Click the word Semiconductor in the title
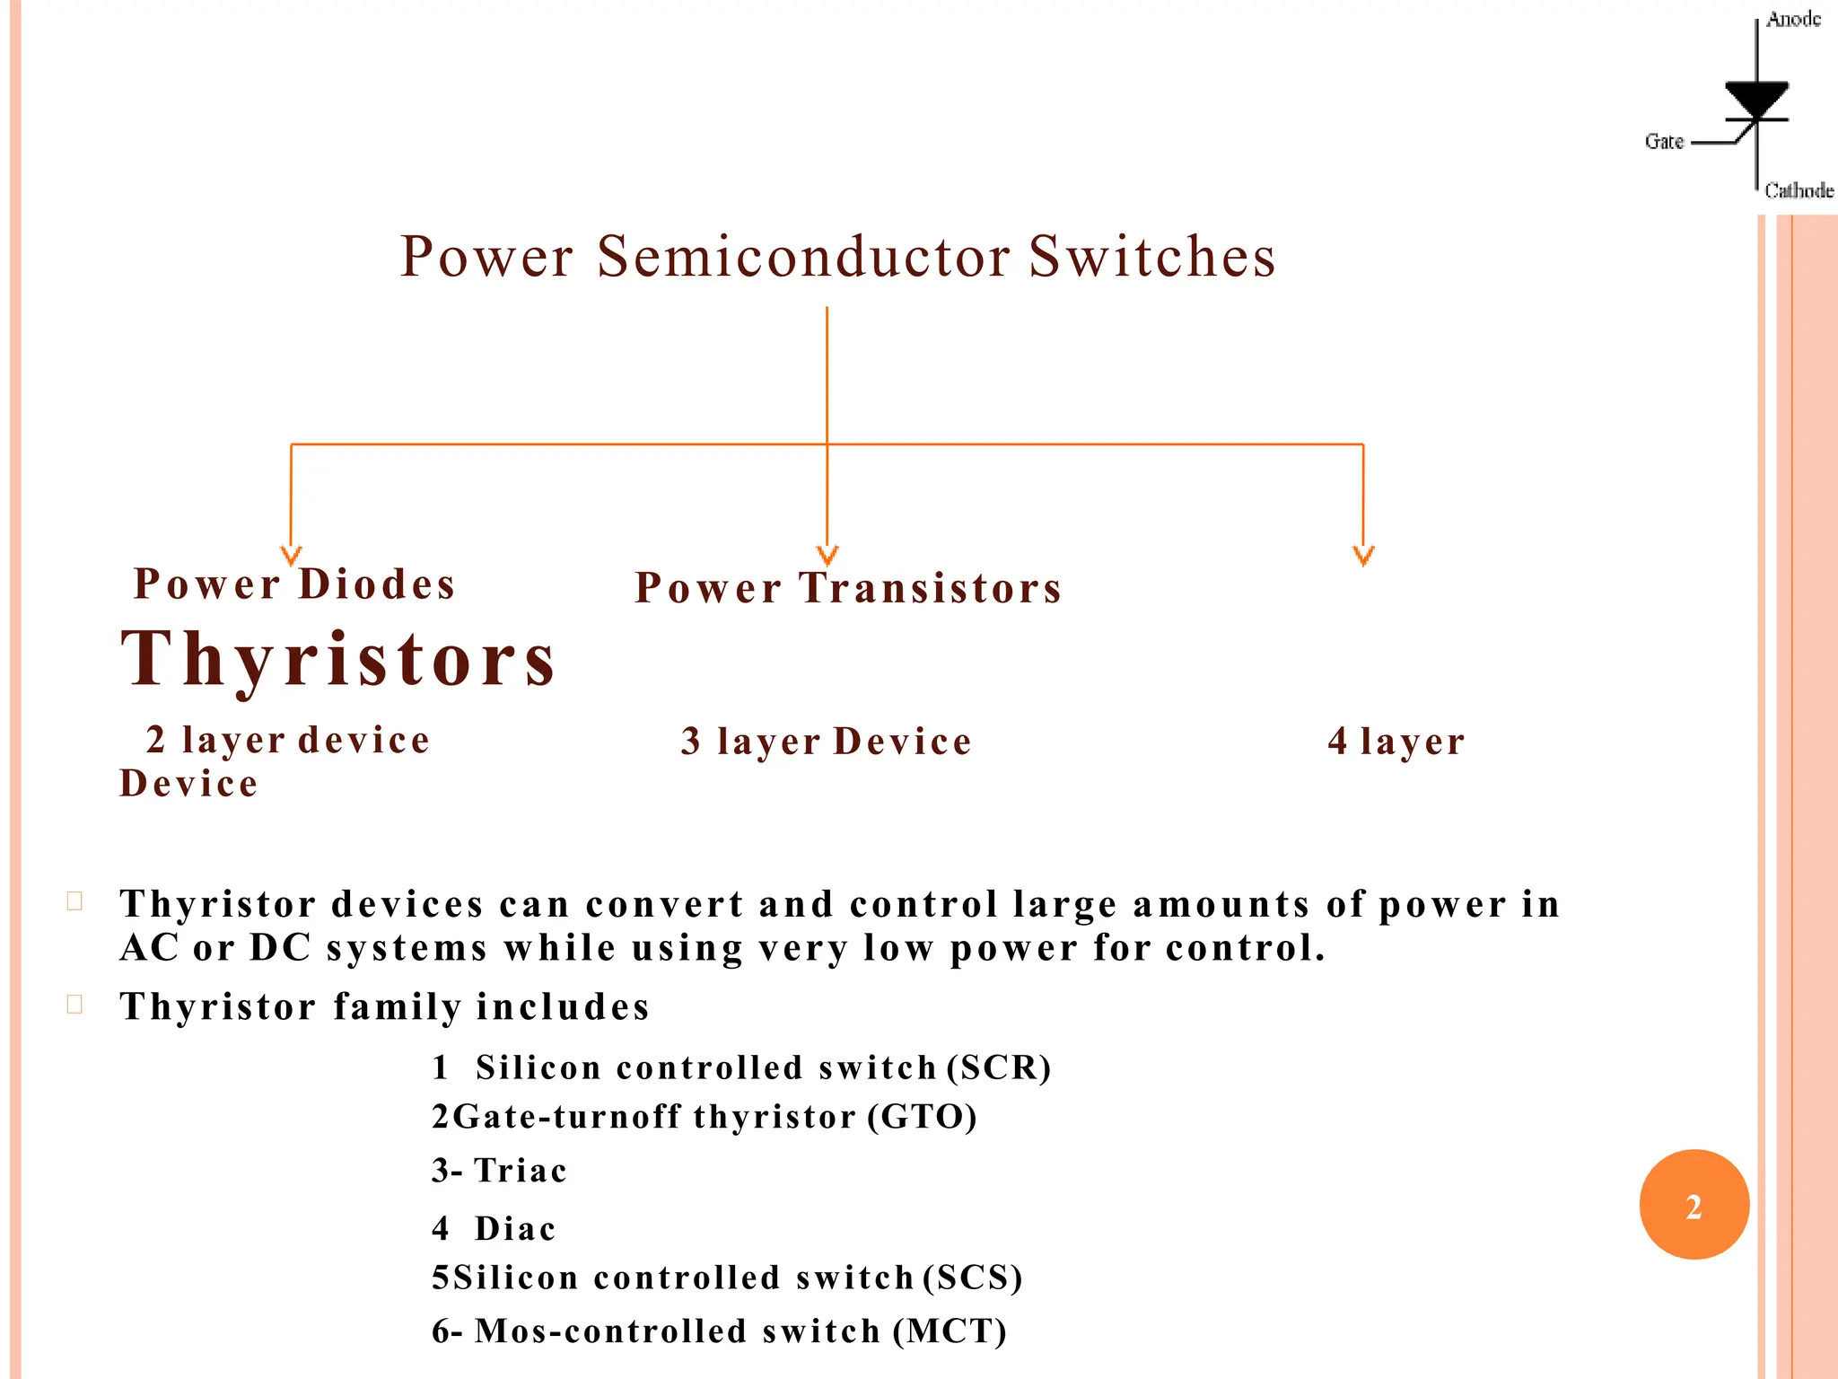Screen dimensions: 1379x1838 tap(804, 257)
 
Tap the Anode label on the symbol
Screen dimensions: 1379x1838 tap(1793, 20)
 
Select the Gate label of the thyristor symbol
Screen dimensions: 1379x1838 tap(1664, 142)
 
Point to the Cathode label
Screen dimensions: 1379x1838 tap(1799, 190)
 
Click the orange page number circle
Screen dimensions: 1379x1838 tap(1694, 1205)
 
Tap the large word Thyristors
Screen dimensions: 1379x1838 tap(339, 659)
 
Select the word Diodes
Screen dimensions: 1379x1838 tap(377, 584)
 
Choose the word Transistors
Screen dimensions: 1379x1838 tap(931, 589)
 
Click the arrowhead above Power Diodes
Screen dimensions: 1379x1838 tap(291, 556)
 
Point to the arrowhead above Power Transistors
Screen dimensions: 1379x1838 tap(827, 556)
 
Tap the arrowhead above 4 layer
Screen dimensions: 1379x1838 tap(1363, 556)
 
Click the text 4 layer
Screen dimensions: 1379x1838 tap(1396, 742)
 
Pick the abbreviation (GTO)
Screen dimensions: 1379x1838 tap(923, 1117)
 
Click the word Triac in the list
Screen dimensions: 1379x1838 tap(521, 1171)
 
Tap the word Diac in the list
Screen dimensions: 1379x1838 tap(515, 1228)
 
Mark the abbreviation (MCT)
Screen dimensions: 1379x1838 tap(950, 1331)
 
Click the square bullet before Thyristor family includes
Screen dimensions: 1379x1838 tap(75, 1004)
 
